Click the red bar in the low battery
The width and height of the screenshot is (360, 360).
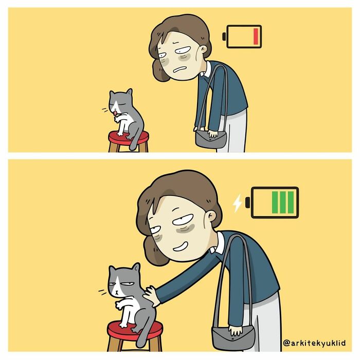pos(255,37)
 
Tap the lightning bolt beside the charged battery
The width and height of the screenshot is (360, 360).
pos(237,203)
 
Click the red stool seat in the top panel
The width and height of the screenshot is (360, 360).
pos(128,137)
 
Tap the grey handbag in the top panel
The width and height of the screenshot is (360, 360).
pos(210,138)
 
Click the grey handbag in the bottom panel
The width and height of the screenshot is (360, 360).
pos(234,337)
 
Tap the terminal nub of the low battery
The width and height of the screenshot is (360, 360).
pos(224,37)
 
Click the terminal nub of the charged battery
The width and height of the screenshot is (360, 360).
pos(248,203)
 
